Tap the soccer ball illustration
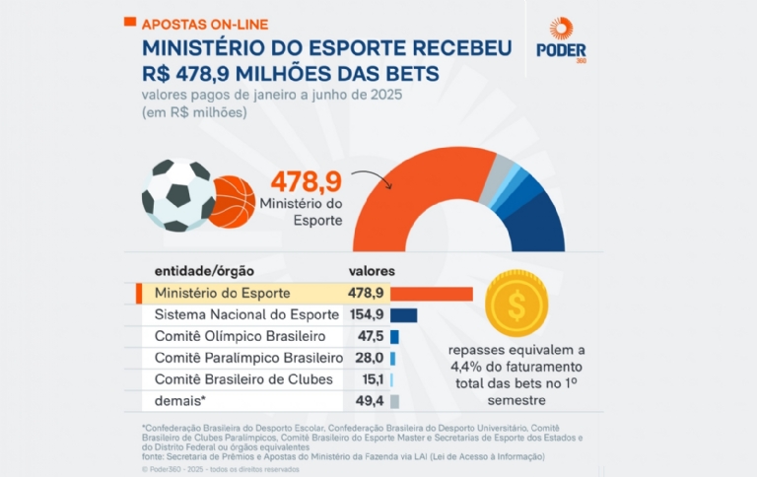pyautogui.click(x=178, y=194)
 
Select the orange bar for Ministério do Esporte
pyautogui.click(x=432, y=294)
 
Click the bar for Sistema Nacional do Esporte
pyautogui.click(x=404, y=315)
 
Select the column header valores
pyautogui.click(x=373, y=271)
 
